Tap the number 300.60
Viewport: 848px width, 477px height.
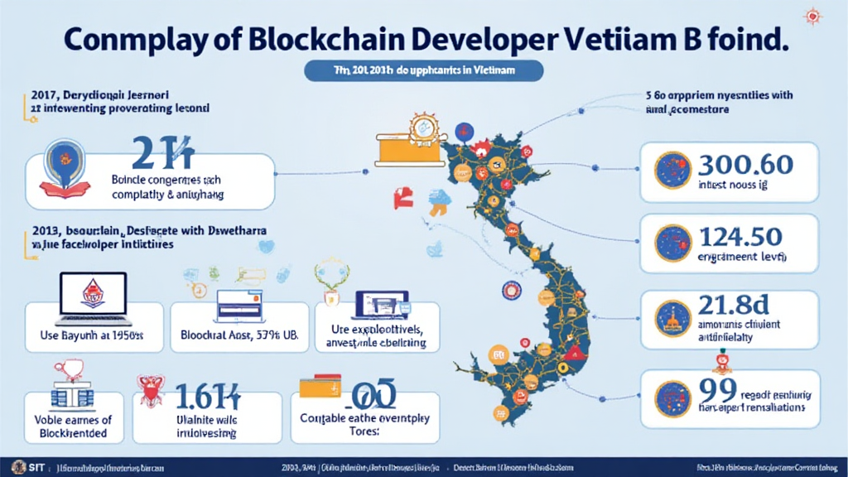point(746,164)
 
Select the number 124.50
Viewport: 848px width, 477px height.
point(740,238)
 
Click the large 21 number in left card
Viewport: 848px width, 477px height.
point(162,153)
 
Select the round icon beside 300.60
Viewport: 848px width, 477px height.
point(672,170)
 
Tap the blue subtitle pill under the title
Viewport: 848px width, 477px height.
point(424,71)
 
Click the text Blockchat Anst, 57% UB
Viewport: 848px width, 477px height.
point(238,336)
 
